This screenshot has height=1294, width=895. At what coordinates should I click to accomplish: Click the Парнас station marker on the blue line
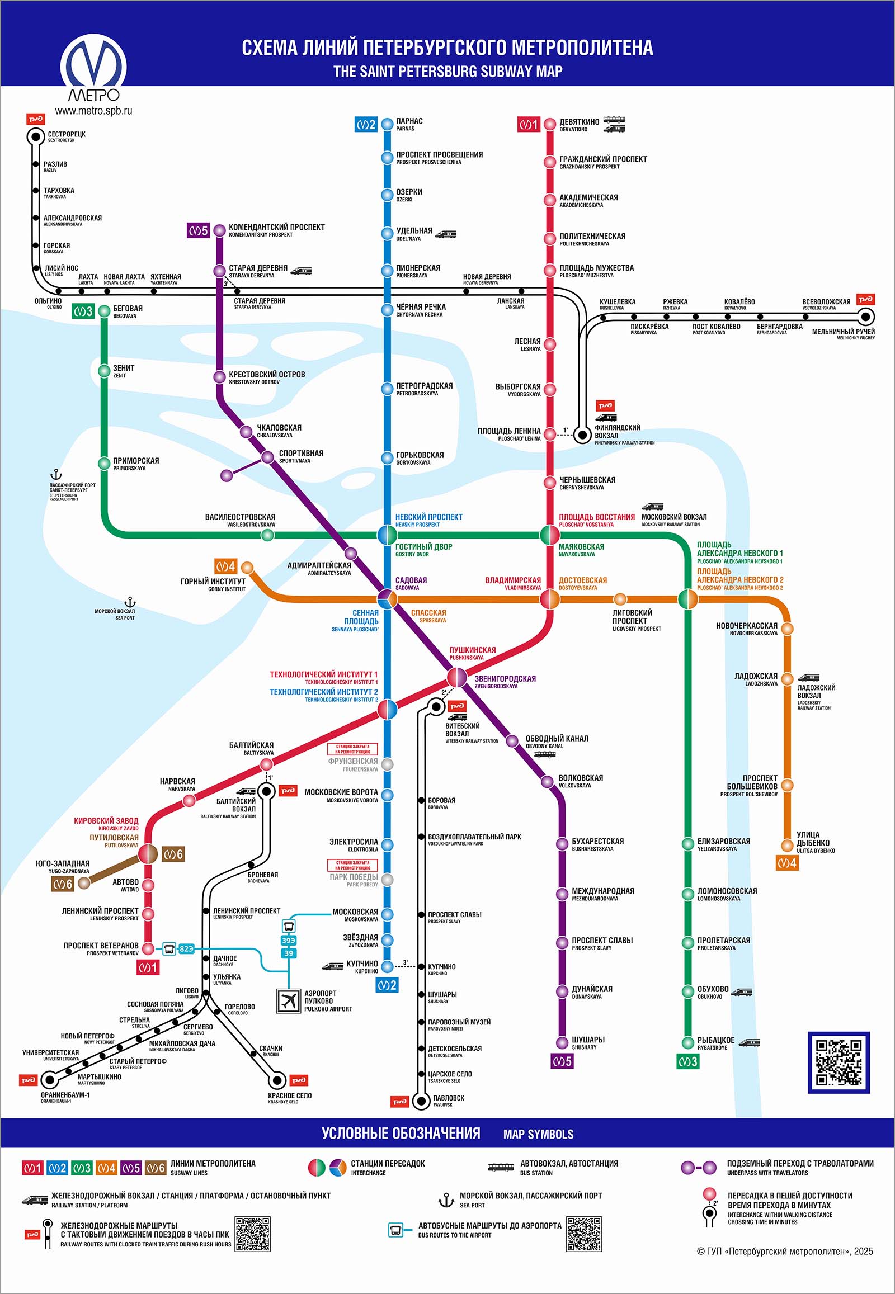(387, 124)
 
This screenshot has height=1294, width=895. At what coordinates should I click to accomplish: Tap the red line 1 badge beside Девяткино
(528, 124)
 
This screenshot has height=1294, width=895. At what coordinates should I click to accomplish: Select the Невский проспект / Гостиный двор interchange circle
(387, 535)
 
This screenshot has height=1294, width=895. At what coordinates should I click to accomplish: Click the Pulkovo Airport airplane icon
(289, 1000)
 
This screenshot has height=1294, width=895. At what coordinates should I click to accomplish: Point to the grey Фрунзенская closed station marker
(387, 764)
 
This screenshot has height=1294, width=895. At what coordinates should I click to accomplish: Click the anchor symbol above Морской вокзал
(130, 602)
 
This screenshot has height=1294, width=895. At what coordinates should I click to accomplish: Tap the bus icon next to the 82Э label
(169, 948)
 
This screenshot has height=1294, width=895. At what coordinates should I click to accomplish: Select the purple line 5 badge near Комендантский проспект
(198, 230)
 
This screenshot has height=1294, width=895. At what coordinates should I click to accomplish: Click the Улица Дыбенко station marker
(788, 846)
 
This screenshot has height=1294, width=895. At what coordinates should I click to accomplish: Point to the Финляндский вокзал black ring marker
(583, 435)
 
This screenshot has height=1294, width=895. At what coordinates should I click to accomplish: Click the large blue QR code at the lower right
(838, 1062)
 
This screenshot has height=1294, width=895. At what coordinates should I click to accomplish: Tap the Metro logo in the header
(93, 67)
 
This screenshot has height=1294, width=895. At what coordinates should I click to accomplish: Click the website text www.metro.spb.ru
(93, 111)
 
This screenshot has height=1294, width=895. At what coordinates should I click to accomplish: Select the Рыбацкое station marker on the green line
(687, 1043)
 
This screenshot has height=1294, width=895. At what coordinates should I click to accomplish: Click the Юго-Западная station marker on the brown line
(84, 883)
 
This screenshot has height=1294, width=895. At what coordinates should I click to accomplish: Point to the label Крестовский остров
(266, 375)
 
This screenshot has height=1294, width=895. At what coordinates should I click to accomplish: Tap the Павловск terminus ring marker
(421, 1101)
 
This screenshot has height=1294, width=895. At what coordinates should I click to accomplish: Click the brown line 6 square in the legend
(156, 1168)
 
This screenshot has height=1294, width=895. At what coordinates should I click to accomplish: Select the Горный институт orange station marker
(247, 568)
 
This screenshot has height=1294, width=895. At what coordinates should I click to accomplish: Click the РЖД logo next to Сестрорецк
(36, 119)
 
